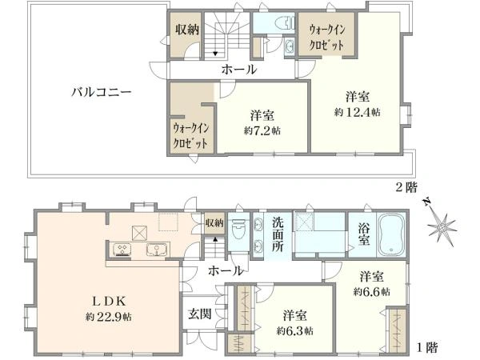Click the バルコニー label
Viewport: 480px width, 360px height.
tap(100, 92)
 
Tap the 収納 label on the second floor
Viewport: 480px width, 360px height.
tap(187, 30)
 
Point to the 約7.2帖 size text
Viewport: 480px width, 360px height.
tap(262, 130)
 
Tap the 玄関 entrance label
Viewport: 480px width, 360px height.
tap(199, 314)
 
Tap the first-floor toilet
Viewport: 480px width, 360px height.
tap(238, 233)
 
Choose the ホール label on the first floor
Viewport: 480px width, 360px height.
tap(226, 272)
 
